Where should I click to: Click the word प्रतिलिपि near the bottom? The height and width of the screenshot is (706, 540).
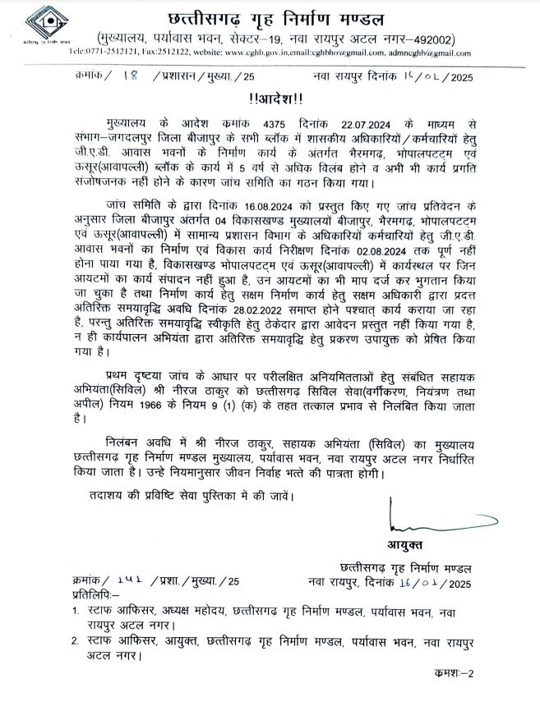[92, 594]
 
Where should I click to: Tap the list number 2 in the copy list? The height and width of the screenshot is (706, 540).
[75, 642]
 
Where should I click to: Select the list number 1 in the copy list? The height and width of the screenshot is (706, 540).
[75, 611]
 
